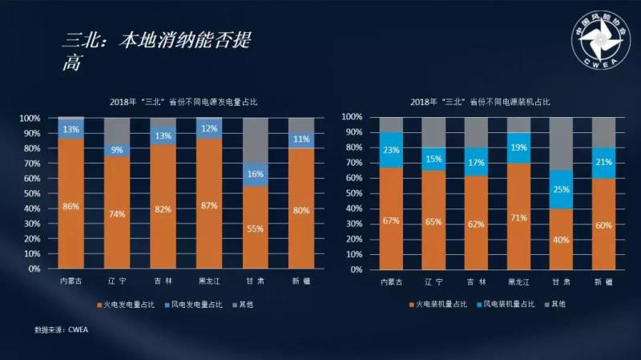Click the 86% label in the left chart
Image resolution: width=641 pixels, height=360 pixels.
[x=71, y=207]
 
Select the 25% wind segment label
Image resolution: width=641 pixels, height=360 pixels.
[x=562, y=189]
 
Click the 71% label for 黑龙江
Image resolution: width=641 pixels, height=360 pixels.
[x=518, y=217]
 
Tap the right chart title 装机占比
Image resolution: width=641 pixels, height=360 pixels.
[x=481, y=103]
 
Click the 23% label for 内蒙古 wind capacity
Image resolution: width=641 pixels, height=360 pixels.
[x=390, y=149]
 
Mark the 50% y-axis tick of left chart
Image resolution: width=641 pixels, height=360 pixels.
[x=30, y=193]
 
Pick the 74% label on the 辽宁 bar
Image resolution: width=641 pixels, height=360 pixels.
[x=117, y=215]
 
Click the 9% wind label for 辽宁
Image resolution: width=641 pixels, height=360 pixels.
[x=117, y=149]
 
